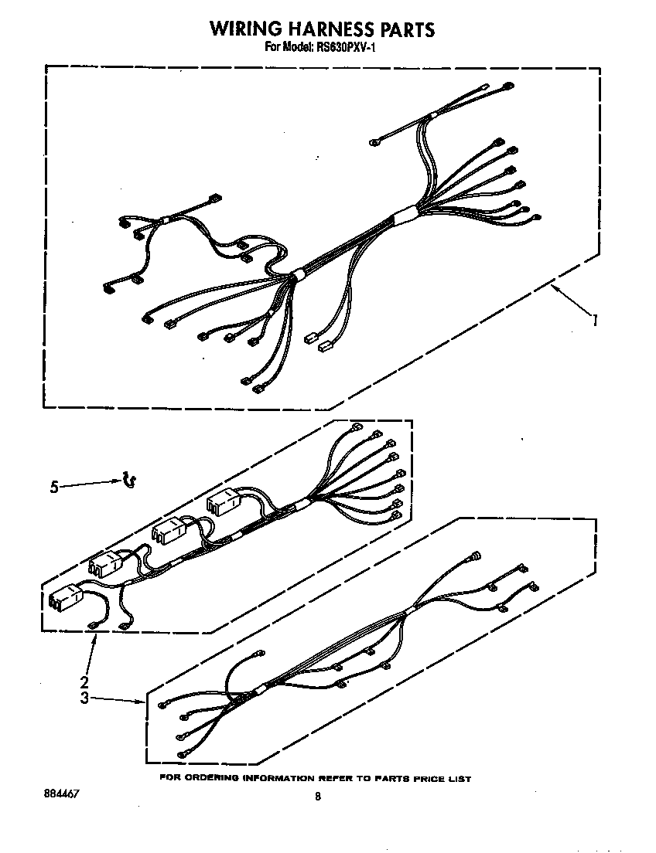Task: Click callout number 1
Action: coord(594,319)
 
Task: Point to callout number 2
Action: coord(84,682)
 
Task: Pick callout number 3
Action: coord(84,698)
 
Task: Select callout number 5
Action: coord(53,487)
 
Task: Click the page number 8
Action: coord(318,797)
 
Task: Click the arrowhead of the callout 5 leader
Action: coord(119,481)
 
